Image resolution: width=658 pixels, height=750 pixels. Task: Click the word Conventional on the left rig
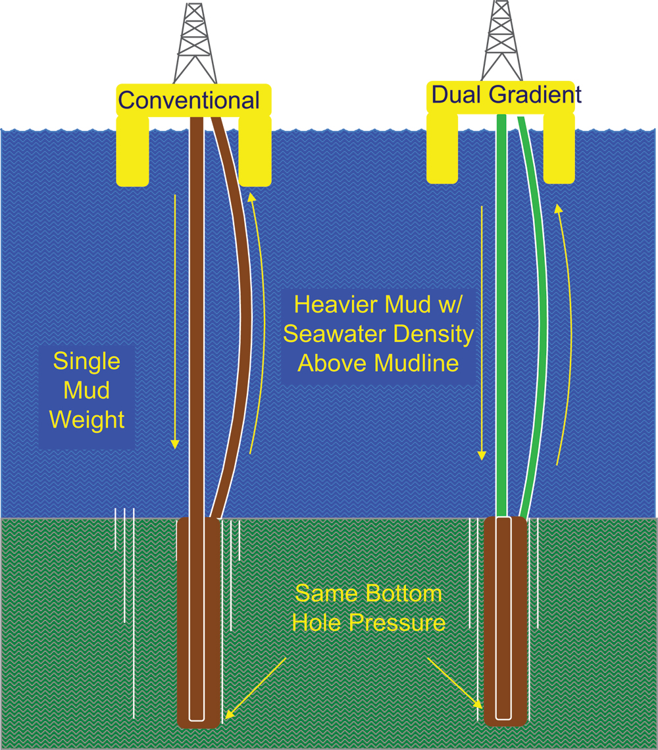click(x=188, y=101)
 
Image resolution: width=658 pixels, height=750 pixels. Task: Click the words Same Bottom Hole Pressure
click(x=368, y=608)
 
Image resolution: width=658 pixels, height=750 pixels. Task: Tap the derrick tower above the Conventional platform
click(x=195, y=43)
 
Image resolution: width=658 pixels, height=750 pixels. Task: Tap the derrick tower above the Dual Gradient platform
click(x=502, y=39)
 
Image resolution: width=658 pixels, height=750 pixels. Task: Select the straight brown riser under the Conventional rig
click(x=196, y=316)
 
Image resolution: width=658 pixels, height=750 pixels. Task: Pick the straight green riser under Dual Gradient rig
click(x=502, y=316)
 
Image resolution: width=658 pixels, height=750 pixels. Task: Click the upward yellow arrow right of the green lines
click(x=570, y=329)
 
